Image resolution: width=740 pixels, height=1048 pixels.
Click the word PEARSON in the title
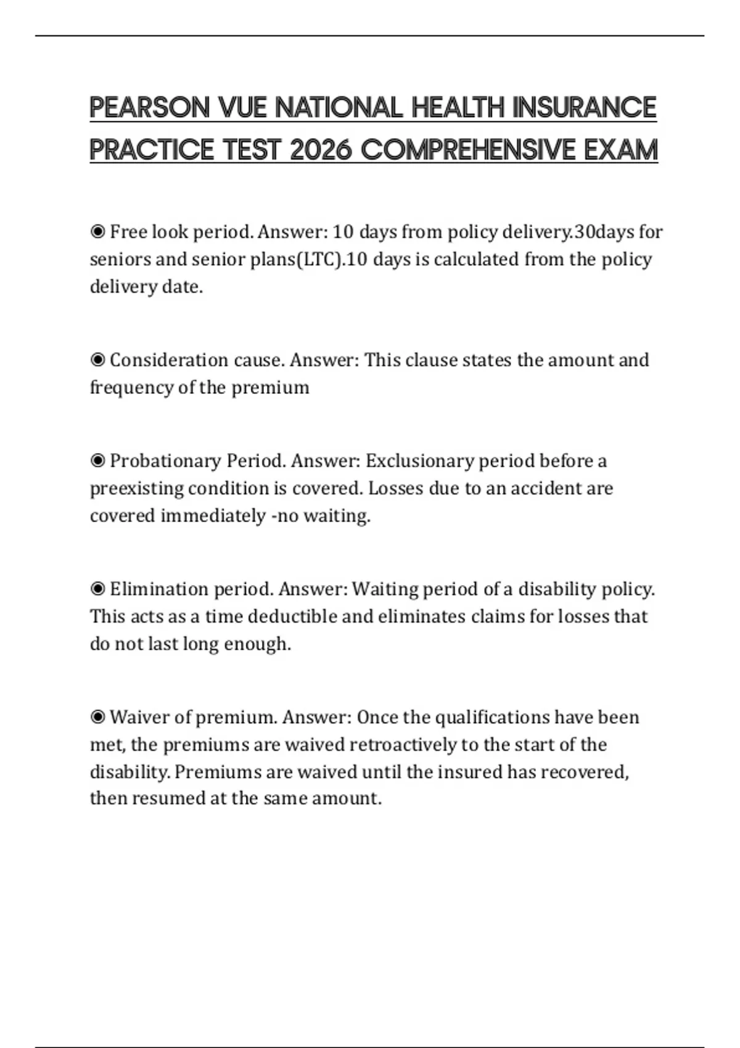[150, 107]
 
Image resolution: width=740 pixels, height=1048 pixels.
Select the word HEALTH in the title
[458, 107]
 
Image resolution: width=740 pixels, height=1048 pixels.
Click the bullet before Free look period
[97, 232]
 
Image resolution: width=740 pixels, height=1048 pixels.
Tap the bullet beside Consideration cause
[97, 360]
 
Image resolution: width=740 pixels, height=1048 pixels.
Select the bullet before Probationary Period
[97, 461]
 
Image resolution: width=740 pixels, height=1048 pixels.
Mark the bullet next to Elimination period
[97, 589]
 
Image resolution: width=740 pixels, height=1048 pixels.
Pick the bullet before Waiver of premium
[97, 718]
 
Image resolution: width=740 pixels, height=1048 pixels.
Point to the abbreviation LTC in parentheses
[319, 259]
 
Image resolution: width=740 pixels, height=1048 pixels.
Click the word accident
[545, 488]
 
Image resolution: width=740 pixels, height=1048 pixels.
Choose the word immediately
[213, 515]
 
